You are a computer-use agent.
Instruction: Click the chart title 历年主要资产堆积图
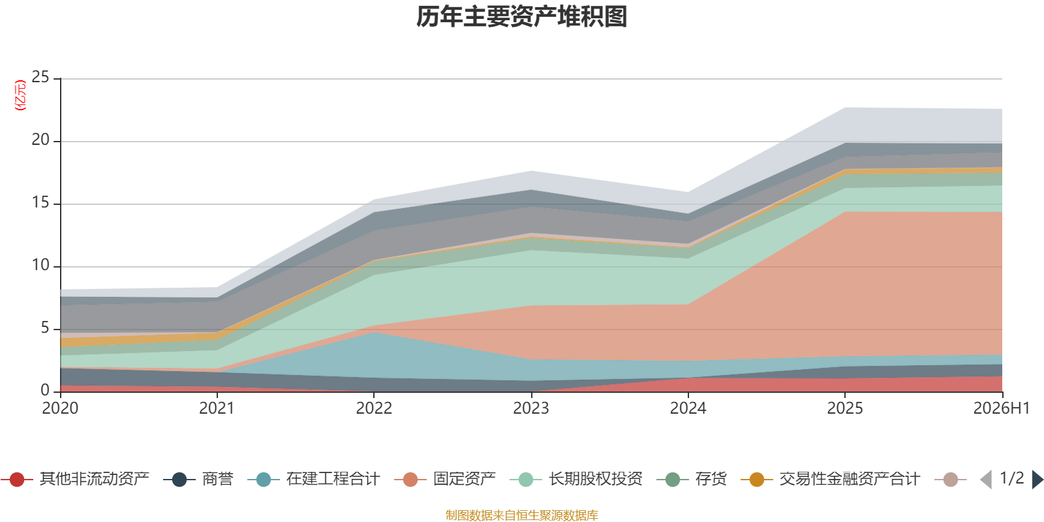[x=521, y=17]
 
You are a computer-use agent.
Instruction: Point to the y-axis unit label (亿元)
[x=20, y=95]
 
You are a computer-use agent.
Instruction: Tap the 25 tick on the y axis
[x=40, y=78]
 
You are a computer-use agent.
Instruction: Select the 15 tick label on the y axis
[x=40, y=203]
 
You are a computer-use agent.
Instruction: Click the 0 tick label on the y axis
[x=45, y=391]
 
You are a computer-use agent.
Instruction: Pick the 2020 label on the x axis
[x=60, y=408]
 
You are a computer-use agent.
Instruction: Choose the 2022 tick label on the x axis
[x=374, y=408]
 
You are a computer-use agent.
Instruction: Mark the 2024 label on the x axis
[x=688, y=408]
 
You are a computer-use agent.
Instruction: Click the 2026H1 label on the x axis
[x=1001, y=408]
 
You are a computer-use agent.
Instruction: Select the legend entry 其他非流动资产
[x=74, y=479]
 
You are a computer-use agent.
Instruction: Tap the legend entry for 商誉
[x=198, y=479]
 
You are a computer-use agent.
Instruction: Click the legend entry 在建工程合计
[x=314, y=479]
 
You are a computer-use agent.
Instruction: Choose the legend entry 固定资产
[x=444, y=479]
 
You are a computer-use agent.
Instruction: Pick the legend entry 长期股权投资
[x=576, y=479]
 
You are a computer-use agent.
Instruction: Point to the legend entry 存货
[x=692, y=479]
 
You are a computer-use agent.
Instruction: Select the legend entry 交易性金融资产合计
[x=830, y=479]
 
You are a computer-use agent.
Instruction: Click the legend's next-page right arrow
[x=1037, y=479]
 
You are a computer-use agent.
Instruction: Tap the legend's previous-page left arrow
[x=986, y=479]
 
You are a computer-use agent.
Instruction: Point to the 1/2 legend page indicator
[x=1012, y=478]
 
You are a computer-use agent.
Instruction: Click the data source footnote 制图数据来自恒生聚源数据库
[x=521, y=515]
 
